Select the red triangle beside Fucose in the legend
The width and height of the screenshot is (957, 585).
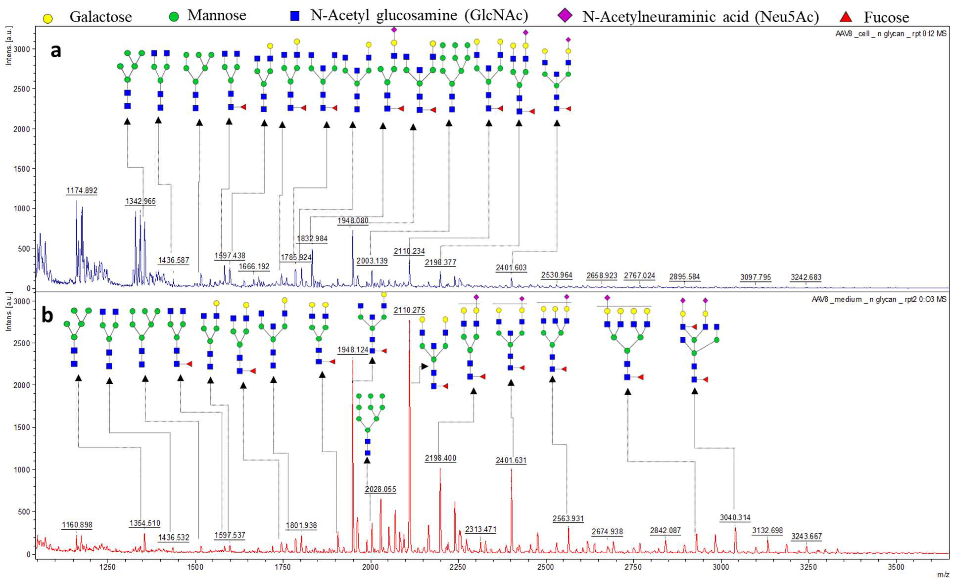(846, 17)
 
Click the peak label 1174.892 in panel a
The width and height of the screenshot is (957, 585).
(82, 190)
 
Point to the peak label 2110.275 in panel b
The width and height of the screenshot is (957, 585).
(409, 310)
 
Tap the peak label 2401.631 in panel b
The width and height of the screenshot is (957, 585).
(511, 460)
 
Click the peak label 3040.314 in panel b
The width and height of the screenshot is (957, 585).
(735, 517)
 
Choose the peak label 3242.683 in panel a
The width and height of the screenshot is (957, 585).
(806, 277)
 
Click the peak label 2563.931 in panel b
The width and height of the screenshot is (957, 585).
(568, 518)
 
